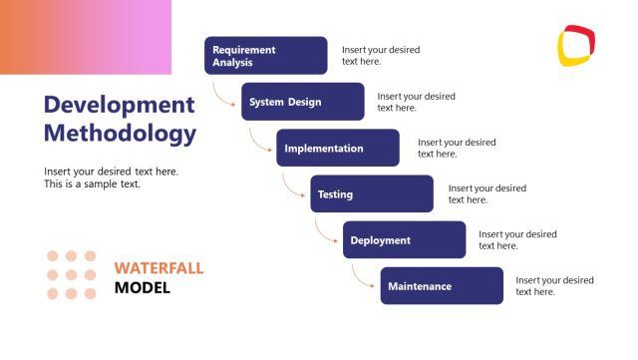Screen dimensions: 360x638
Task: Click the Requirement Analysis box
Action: point(265,56)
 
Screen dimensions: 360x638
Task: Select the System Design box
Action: point(302,102)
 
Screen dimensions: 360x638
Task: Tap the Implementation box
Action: point(337,148)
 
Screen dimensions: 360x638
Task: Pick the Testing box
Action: point(371,193)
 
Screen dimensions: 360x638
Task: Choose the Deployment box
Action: point(404,239)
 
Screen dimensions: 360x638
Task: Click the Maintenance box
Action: point(441,285)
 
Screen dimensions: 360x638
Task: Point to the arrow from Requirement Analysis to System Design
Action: point(223,96)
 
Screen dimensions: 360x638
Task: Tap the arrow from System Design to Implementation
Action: point(259,142)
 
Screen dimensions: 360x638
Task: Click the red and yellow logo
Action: point(576,44)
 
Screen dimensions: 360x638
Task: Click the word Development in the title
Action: point(119,105)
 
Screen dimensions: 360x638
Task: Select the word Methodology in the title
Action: point(120,133)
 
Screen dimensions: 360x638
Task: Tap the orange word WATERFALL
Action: point(159,268)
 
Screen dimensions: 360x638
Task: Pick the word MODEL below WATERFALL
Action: point(143,288)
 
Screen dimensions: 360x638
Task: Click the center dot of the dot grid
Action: point(72,274)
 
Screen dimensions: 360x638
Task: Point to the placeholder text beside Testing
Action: point(486,193)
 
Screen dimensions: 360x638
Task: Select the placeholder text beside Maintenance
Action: point(554,285)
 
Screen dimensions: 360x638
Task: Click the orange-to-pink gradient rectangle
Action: point(86,37)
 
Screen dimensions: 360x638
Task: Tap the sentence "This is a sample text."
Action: point(93,183)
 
